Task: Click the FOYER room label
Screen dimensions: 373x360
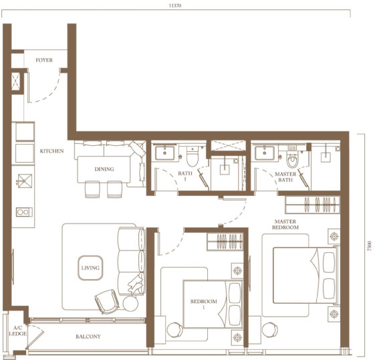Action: point(44,60)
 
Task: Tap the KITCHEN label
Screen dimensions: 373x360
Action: point(51,151)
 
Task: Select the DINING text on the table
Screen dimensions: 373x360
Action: point(104,169)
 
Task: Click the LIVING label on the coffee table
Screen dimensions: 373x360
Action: point(90,268)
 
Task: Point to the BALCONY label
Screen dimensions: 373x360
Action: point(88,337)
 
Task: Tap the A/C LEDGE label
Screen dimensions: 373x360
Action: point(17,331)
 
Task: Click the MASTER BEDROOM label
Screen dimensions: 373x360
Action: point(285,224)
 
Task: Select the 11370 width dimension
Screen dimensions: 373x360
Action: point(175,5)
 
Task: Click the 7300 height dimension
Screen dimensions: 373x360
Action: point(369,246)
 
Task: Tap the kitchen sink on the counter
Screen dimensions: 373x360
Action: point(24,181)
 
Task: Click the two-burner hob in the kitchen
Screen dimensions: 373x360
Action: point(24,212)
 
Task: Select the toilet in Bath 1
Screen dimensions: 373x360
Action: point(193,157)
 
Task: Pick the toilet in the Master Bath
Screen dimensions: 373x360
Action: point(292,159)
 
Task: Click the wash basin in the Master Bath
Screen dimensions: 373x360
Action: point(264,153)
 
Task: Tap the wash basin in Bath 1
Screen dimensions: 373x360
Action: point(164,153)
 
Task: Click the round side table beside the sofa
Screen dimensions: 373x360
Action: point(130,303)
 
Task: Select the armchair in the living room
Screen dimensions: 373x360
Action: point(107,301)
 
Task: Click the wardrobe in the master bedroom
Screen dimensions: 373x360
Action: point(312,205)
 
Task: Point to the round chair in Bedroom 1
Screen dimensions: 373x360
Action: point(175,330)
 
